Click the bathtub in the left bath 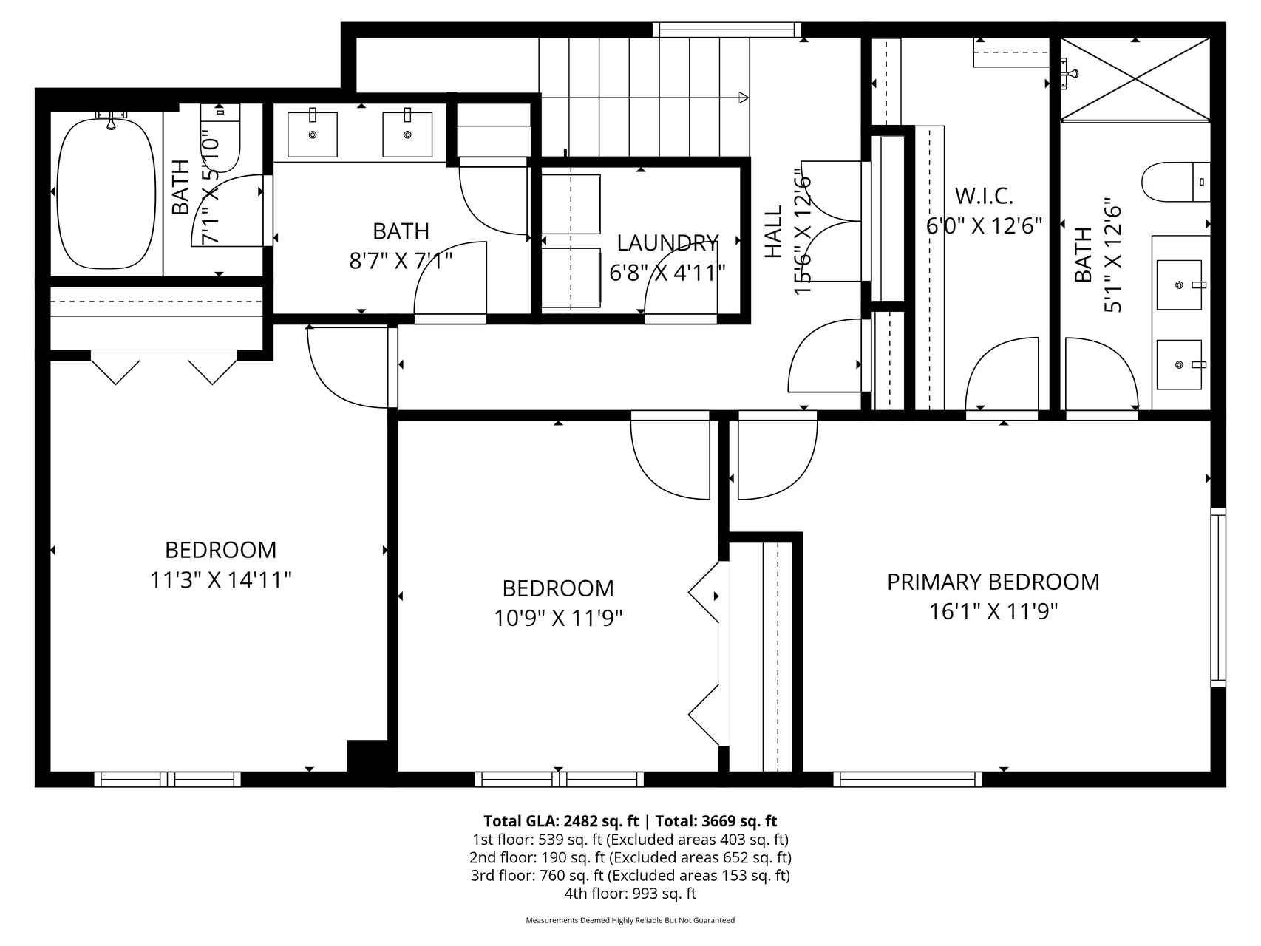[x=106, y=193]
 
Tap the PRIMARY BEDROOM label [x=993, y=582]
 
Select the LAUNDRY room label [x=667, y=243]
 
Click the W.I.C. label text [x=984, y=196]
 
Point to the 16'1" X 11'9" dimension [x=993, y=612]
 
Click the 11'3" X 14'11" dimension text [x=221, y=580]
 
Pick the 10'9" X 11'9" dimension [x=558, y=618]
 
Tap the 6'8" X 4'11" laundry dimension [x=667, y=273]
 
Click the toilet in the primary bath [x=1176, y=182]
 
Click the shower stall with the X [x=1136, y=78]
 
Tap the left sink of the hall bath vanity [x=313, y=134]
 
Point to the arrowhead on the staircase [x=744, y=97]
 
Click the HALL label [x=773, y=232]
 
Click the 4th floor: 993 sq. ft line [x=630, y=894]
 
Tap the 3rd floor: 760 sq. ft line [x=630, y=876]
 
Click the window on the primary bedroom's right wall [x=1217, y=597]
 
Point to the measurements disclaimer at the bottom [x=630, y=921]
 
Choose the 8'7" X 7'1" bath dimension [x=401, y=261]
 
